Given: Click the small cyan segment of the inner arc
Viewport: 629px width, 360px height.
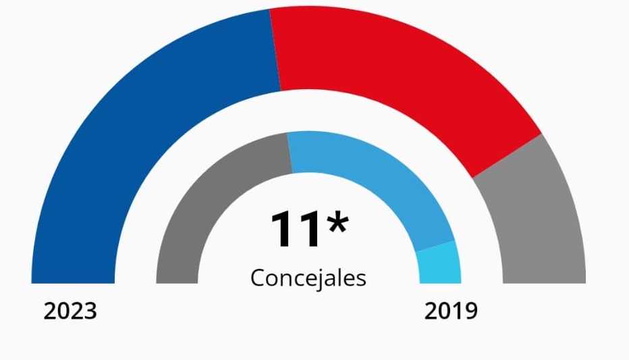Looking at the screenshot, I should tap(439, 263).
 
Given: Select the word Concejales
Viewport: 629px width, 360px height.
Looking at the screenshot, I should tap(308, 278).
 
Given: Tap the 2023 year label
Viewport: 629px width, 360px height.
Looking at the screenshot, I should tap(70, 311).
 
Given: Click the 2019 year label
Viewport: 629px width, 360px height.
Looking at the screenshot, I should tap(451, 311).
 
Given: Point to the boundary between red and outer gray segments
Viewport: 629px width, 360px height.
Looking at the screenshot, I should tap(506, 156).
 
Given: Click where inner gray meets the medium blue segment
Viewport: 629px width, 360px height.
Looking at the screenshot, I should tap(290, 153).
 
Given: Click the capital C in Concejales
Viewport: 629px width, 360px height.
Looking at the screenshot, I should tap(258, 278).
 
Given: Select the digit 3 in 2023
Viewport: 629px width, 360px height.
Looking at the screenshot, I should tap(90, 311).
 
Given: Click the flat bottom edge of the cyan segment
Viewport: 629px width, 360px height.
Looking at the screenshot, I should tap(440, 282).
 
